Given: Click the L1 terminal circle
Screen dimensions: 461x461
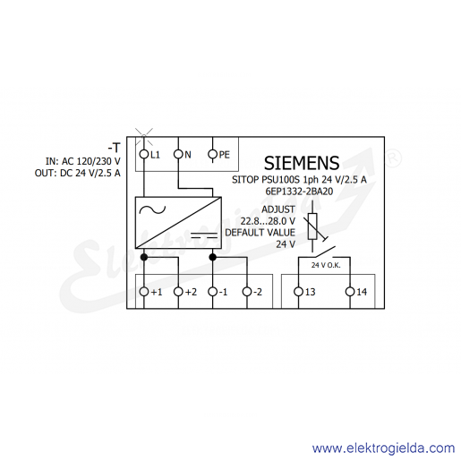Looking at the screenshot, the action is coord(144,154).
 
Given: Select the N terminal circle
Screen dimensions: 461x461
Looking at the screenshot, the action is coord(178,154).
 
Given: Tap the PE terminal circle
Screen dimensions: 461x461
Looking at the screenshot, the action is coord(213,154).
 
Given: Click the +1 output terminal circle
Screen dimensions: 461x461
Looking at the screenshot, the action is coord(144,292).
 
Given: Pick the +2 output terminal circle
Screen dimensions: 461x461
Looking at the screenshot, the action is coord(178,292).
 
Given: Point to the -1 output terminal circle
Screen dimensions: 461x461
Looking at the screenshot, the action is coord(213,292).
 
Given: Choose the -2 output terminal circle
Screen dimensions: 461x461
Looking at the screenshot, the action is coord(247,292).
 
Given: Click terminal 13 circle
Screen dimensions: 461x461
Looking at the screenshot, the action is coord(298,292).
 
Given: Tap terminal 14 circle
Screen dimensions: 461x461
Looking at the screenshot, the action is coord(350,292).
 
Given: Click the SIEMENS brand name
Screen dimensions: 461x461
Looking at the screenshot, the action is coord(302,163).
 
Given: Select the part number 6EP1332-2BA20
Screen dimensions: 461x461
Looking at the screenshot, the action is coord(299,192).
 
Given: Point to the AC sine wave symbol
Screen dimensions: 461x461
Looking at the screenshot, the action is coord(152,210).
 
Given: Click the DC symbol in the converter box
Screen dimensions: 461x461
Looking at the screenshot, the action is coord(204,235).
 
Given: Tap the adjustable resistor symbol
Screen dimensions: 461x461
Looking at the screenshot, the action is coord(312,226).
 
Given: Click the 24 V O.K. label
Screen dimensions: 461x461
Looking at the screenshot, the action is coord(326,265).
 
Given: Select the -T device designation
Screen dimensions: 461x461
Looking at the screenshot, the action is coord(114,148).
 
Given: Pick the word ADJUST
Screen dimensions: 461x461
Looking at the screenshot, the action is coord(278,209).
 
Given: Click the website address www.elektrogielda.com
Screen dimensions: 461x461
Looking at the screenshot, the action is coord(384,448).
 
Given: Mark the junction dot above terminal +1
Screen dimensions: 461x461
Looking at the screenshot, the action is coord(144,257).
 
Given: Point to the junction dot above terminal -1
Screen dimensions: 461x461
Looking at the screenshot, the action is coord(213,257).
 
